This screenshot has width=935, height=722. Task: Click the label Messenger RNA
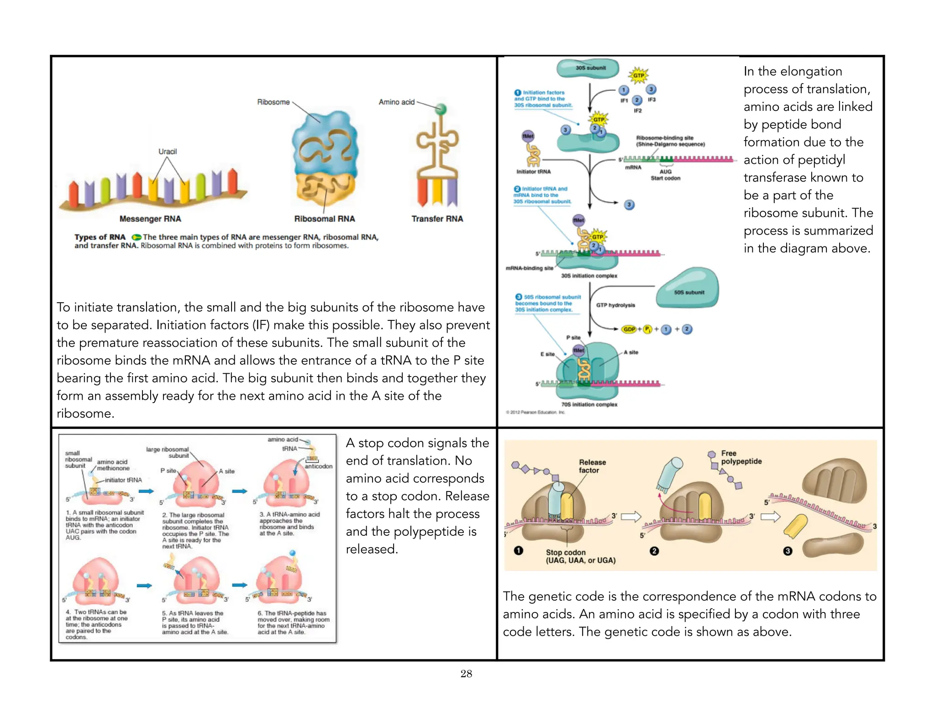coord(150,219)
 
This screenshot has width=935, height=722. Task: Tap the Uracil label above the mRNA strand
coord(168,152)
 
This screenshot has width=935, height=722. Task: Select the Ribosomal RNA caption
coord(324,219)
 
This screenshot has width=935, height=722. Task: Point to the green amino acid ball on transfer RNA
coord(441,109)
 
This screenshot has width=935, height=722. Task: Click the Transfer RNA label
coord(437,219)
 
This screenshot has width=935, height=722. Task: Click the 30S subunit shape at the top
coord(588,68)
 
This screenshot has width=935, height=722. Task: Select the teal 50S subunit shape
coord(688,288)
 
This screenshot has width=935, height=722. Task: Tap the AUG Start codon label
coord(665,175)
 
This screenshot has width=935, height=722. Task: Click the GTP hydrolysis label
coord(615,305)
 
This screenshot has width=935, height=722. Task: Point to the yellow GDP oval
coord(629,329)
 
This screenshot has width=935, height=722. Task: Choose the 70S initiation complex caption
coord(589,404)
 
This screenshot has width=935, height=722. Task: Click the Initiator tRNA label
coord(533,172)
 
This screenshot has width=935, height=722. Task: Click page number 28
coord(466,674)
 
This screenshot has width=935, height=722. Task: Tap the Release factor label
coord(592,466)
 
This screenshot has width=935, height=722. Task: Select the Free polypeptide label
coord(741,457)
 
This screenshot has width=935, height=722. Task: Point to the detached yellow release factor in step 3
coord(796,526)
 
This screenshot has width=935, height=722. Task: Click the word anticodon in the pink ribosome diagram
coord(318,466)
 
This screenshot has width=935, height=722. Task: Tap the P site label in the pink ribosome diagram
coord(168,471)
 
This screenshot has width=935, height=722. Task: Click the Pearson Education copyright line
coord(535,412)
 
